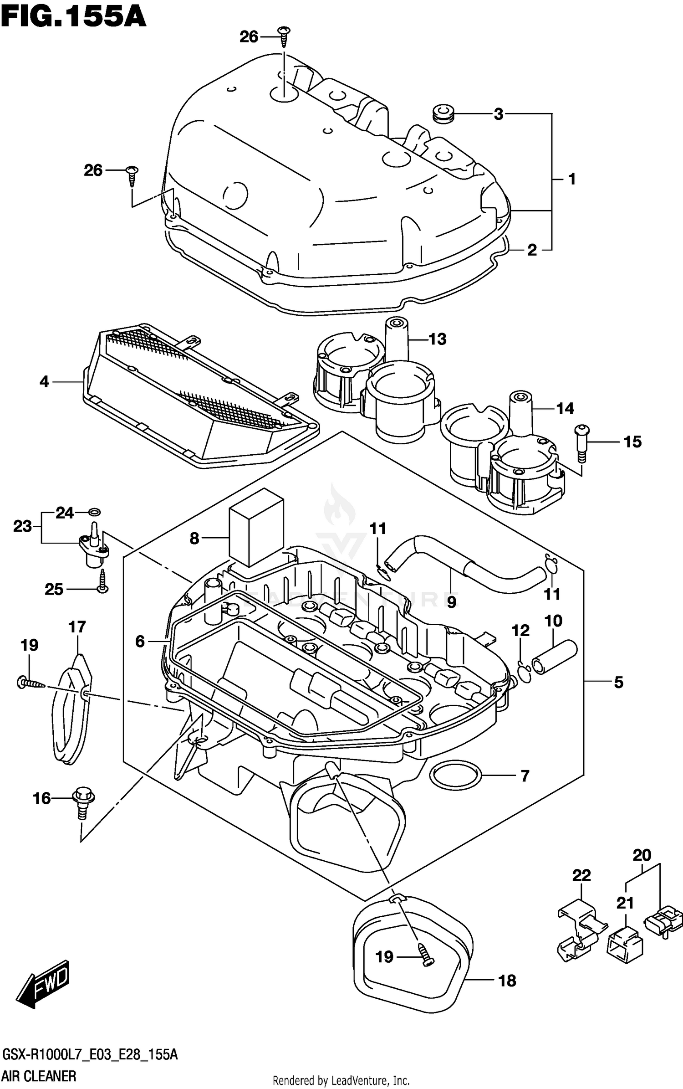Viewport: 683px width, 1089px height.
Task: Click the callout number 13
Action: coord(437,339)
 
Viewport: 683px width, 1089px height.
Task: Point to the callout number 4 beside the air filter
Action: coord(44,381)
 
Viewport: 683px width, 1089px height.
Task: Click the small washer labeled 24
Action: coord(96,512)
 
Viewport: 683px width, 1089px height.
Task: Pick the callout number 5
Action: coord(618,682)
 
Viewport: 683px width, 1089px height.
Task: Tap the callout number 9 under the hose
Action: coord(451,602)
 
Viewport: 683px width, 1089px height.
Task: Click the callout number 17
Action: coord(77,627)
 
